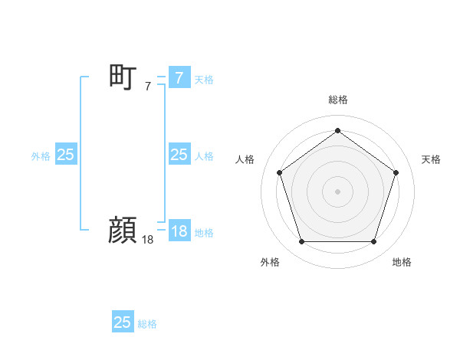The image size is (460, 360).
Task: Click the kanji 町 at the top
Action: (x=123, y=77)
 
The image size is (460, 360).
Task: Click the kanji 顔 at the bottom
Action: (x=123, y=230)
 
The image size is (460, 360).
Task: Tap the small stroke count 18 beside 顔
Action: (x=148, y=240)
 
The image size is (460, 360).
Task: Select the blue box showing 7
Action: (x=179, y=78)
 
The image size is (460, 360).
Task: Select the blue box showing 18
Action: (x=179, y=231)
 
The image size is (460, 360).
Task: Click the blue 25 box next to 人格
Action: (x=179, y=155)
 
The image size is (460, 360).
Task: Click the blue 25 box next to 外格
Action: (x=65, y=155)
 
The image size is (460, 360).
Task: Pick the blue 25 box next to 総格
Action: (x=123, y=322)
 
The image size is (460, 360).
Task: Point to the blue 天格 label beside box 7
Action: (x=204, y=79)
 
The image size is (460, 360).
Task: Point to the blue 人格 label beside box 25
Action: (x=204, y=155)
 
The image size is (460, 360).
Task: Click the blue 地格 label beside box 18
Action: (x=204, y=232)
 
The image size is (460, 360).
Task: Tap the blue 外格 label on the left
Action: (x=41, y=155)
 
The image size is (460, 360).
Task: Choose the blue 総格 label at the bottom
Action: (x=147, y=323)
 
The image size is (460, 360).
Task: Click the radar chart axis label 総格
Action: (x=337, y=100)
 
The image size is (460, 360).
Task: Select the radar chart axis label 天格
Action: (x=431, y=159)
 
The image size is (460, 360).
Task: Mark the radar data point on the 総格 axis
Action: (x=337, y=130)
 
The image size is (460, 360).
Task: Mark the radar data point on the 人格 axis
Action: (x=279, y=172)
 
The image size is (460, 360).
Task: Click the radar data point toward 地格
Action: (x=373, y=241)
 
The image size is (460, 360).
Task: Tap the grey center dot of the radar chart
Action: (x=337, y=191)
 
